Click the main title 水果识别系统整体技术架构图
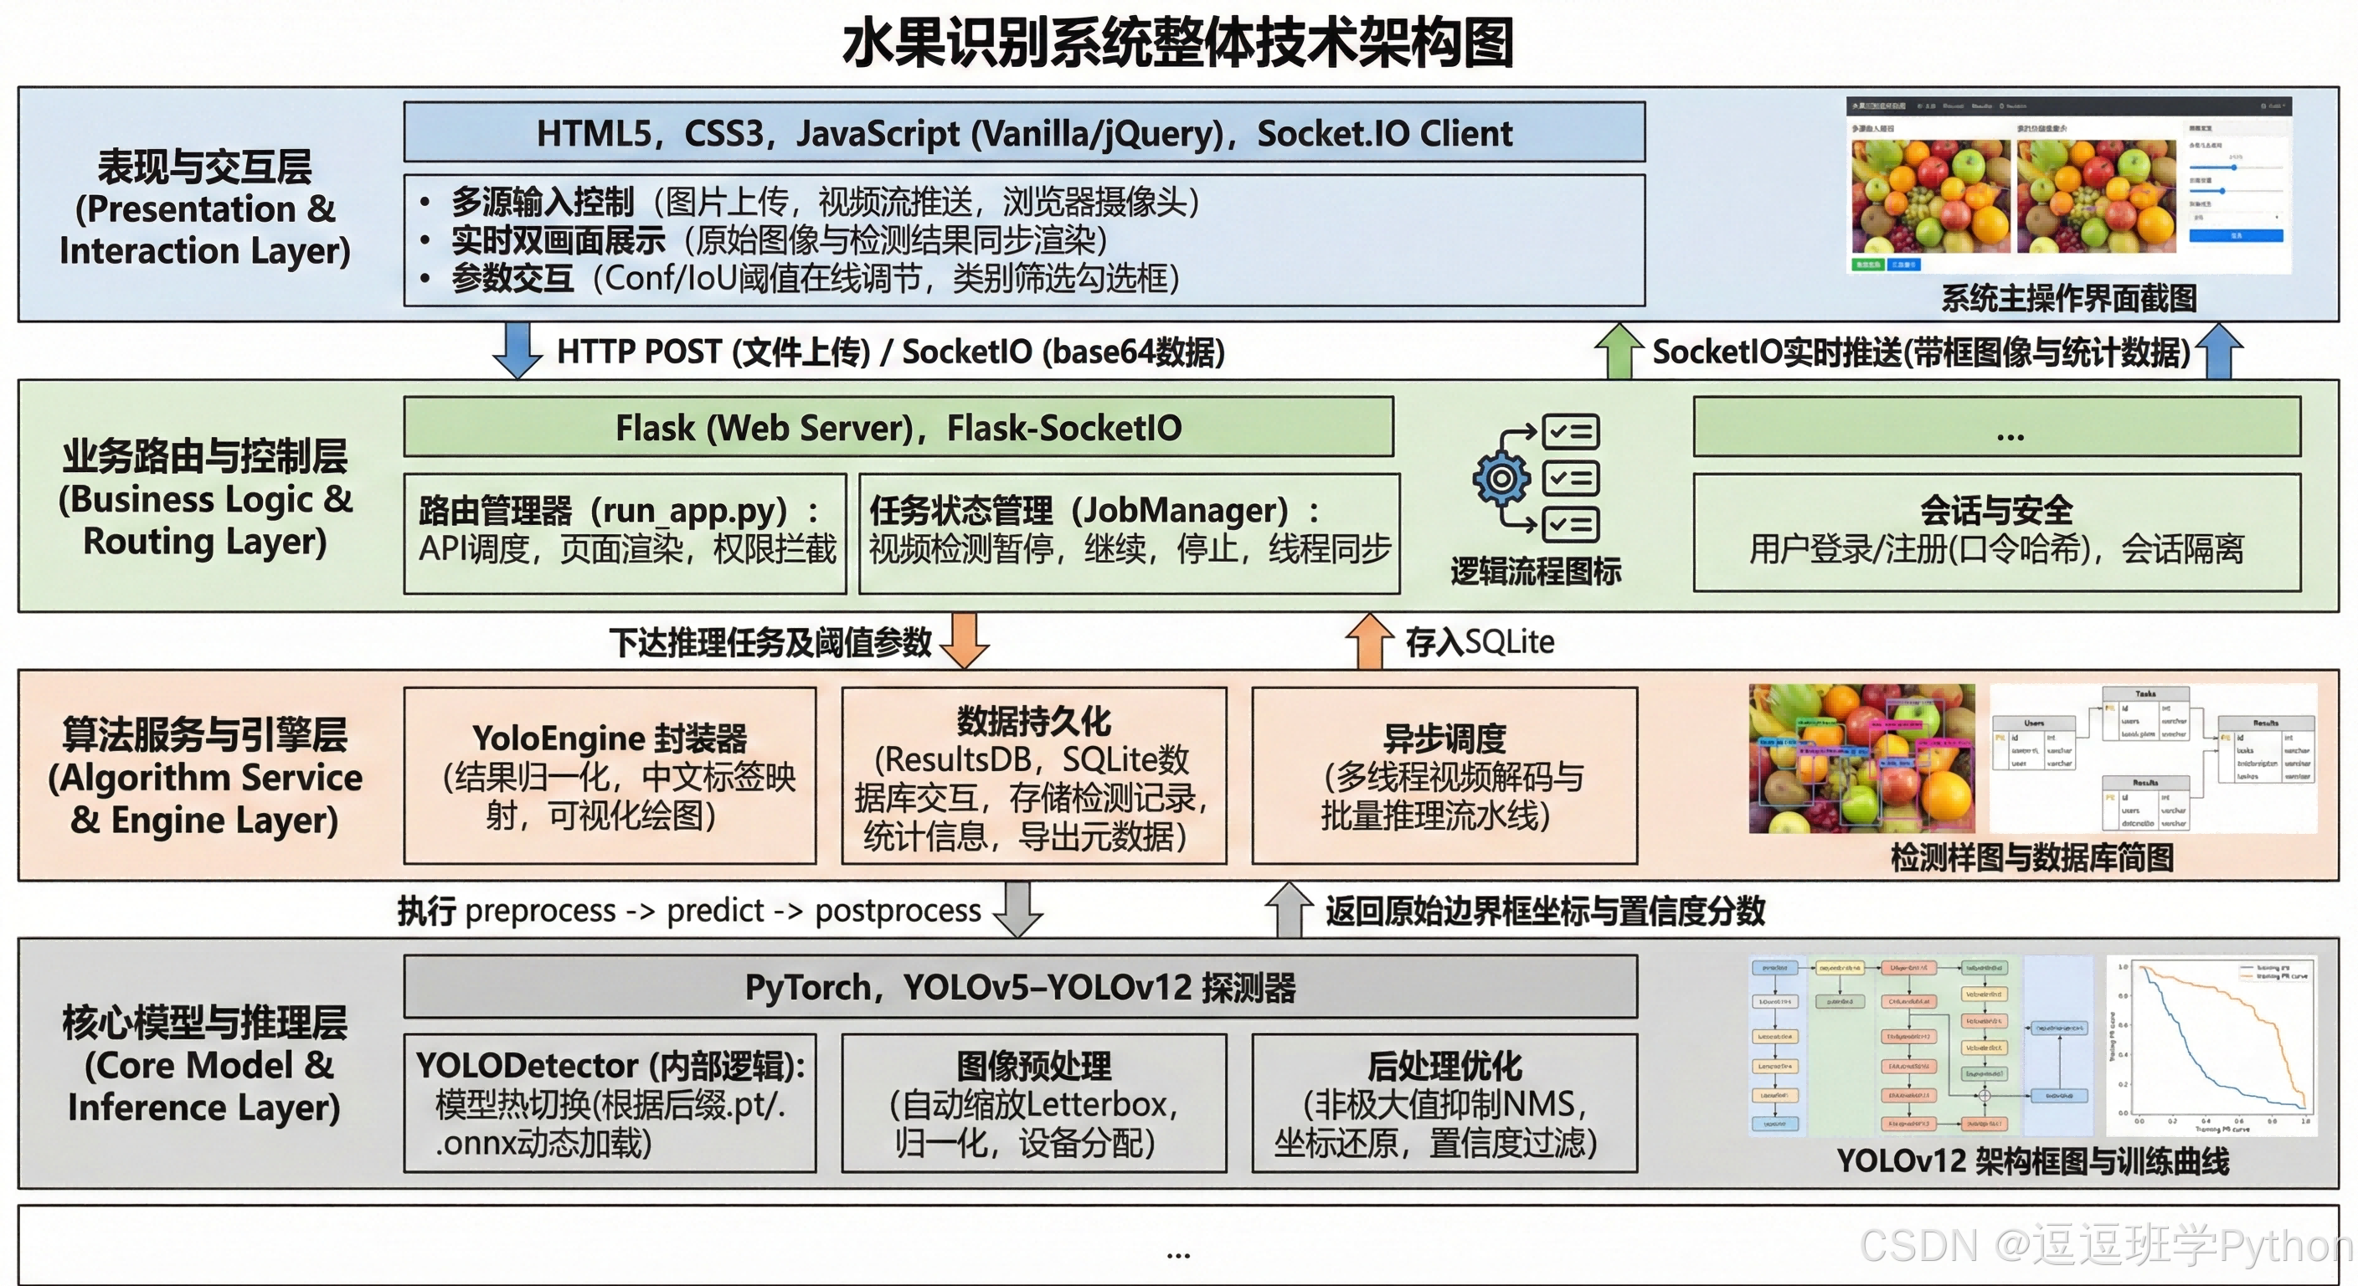[1178, 44]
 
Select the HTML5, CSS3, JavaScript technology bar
[1023, 134]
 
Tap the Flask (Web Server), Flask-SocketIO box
[898, 428]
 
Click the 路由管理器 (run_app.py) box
[626, 532]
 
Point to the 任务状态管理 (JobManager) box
[1129, 532]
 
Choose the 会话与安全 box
[1995, 531]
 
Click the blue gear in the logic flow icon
[1501, 479]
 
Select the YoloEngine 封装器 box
[610, 775]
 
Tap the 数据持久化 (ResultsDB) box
[1033, 775]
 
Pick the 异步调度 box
[1444, 775]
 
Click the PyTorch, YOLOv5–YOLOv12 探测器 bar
[1020, 987]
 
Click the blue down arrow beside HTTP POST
[517, 351]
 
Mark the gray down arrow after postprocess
[1018, 909]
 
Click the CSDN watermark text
[2105, 1246]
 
